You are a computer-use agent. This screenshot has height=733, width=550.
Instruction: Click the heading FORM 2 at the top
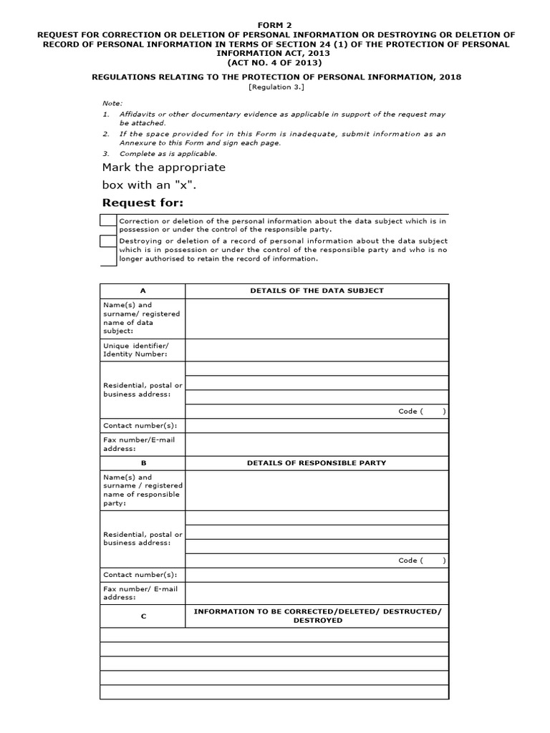click(274, 24)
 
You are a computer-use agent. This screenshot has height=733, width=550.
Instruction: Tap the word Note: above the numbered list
click(112, 103)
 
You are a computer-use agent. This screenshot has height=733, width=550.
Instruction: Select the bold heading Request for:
click(143, 203)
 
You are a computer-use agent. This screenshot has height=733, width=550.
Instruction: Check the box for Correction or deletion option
click(108, 221)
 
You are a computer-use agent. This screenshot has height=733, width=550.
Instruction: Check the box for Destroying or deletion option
click(108, 242)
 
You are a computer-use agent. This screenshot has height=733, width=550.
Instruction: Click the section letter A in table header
click(143, 291)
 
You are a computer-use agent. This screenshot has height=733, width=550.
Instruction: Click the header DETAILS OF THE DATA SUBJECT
click(317, 291)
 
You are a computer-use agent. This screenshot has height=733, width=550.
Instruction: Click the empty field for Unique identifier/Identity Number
click(317, 351)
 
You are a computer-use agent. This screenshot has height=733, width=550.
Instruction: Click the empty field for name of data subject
click(317, 319)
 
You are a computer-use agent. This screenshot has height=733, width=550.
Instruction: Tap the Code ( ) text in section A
click(422, 412)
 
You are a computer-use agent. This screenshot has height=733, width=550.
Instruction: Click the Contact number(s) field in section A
click(317, 426)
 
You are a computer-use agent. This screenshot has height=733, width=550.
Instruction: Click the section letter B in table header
click(143, 463)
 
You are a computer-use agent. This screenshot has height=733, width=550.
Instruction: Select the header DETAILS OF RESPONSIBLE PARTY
click(317, 463)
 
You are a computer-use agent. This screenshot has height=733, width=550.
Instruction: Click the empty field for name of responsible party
click(317, 490)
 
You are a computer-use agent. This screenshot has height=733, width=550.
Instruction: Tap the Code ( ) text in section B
click(422, 560)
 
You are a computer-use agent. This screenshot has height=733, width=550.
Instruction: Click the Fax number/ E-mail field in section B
click(317, 593)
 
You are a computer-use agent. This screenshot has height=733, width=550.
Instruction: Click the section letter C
click(143, 616)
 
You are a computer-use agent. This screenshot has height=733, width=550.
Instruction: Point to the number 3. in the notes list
click(105, 154)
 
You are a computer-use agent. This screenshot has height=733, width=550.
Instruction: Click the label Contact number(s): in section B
click(140, 575)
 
